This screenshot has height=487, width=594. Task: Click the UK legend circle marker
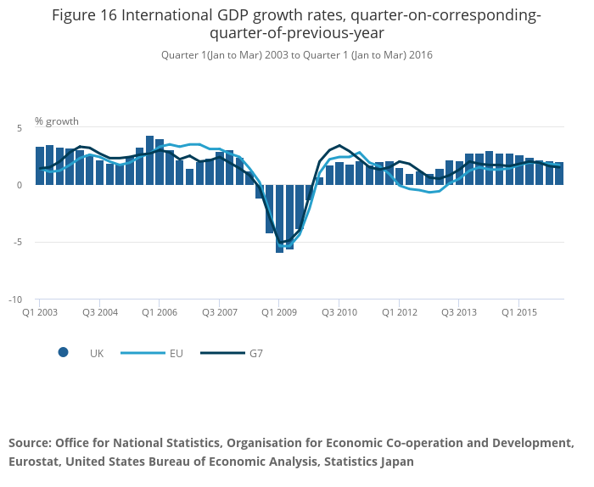pos(63,353)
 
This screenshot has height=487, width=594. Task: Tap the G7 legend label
pos(255,353)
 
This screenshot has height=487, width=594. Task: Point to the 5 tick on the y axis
pos(19,127)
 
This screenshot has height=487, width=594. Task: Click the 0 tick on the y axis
pos(19,185)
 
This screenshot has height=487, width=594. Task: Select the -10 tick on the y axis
pos(15,299)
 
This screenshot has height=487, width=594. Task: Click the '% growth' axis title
pos(57,121)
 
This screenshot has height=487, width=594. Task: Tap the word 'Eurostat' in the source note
pos(34,462)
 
